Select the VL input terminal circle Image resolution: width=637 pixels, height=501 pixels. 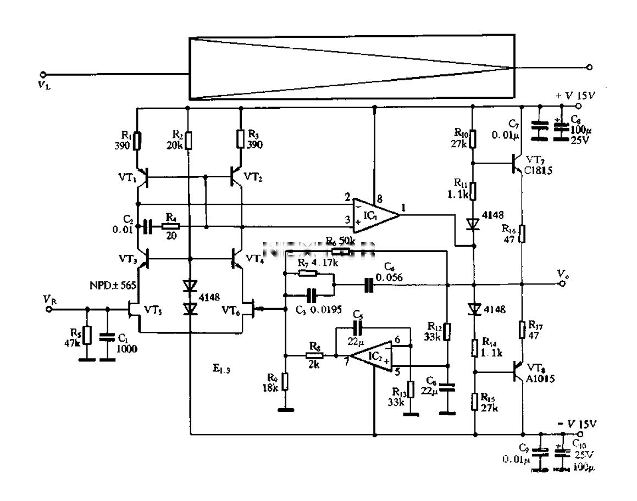(x=43, y=74)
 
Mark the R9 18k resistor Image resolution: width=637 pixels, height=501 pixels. (x=285, y=381)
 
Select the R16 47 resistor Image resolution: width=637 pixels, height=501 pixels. (x=522, y=232)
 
